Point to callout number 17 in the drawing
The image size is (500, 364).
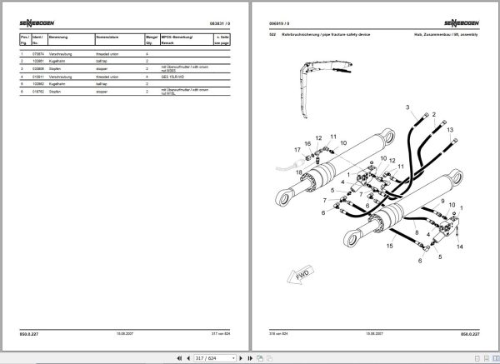pyautogui.click(x=297, y=151)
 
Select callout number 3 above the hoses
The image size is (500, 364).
pyautogui.click(x=407, y=109)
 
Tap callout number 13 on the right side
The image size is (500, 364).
pyautogui.click(x=450, y=131)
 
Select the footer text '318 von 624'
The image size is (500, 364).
pyautogui.click(x=279, y=332)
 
